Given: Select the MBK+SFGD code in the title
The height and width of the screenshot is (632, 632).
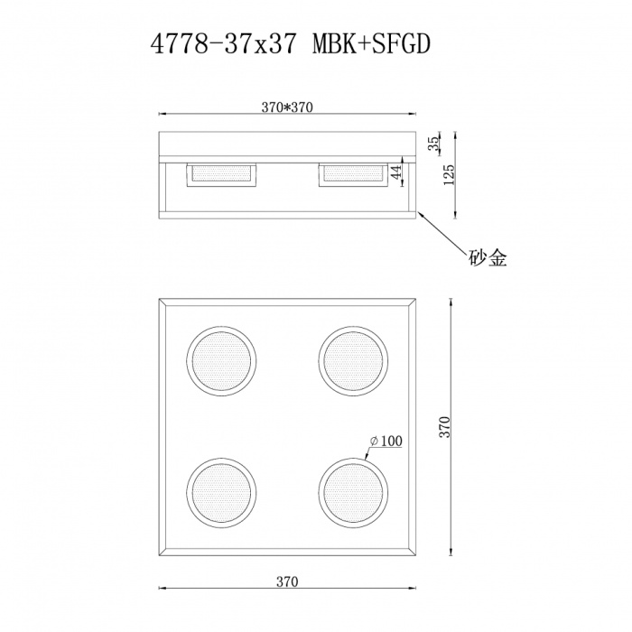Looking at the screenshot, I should [361, 46].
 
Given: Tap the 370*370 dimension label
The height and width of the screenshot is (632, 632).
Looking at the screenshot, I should [286, 107].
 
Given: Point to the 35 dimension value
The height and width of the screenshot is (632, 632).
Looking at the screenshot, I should [434, 143].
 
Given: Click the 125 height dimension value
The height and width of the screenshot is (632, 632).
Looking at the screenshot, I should [450, 174].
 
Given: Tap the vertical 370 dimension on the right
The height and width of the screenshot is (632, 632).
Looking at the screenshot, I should [445, 426].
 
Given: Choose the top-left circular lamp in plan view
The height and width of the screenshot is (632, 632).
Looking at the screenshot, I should [221, 359].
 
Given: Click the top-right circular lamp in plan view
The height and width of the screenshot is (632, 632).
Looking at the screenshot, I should [352, 359].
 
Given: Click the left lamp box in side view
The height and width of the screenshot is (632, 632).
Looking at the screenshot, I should [222, 173].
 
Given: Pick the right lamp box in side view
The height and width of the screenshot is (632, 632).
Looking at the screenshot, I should [352, 173].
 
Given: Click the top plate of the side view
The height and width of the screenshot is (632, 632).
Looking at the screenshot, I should [286, 144].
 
